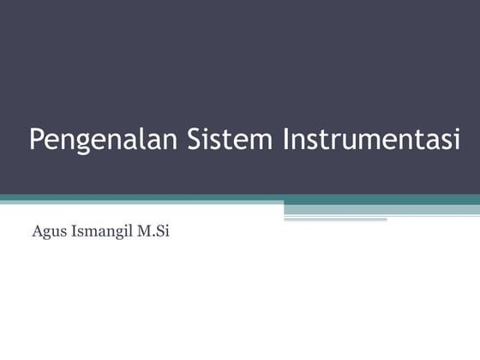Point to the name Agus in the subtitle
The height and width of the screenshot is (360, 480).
coord(46,232)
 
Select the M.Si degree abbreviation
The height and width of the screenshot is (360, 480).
coord(151,231)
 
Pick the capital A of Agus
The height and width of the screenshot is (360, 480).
coord(36,231)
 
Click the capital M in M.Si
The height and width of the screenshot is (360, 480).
coord(140,231)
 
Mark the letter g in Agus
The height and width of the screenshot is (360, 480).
coord(45,234)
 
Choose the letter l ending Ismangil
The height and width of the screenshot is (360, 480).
coord(127,231)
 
